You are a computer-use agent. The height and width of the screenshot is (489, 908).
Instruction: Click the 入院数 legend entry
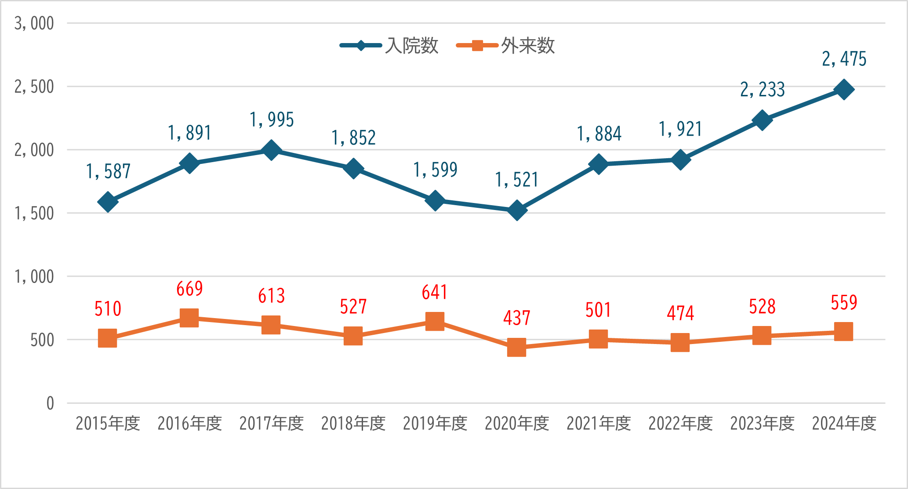(389, 46)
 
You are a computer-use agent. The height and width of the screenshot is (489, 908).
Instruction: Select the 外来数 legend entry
(505, 46)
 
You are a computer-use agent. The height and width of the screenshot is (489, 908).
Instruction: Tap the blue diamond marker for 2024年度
(844, 90)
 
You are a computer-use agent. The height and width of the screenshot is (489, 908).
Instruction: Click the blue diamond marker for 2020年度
(517, 210)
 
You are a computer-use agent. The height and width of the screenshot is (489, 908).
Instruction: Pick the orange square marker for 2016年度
(189, 318)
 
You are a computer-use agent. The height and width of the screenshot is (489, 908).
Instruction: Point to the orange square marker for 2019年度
(435, 321)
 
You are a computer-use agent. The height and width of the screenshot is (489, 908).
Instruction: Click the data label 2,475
(844, 59)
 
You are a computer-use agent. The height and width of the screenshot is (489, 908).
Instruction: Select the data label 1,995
(272, 120)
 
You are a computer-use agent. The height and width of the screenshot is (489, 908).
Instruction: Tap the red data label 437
(517, 318)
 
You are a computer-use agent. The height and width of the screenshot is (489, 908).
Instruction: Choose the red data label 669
(189, 289)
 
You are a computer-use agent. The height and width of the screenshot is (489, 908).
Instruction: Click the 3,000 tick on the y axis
(34, 24)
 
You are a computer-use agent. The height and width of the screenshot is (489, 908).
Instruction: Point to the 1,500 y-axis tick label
(34, 214)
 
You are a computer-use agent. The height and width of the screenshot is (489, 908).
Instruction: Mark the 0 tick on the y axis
(50, 403)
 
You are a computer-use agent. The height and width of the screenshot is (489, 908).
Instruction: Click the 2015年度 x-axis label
(108, 424)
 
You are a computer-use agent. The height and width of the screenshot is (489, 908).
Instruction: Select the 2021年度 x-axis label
(599, 424)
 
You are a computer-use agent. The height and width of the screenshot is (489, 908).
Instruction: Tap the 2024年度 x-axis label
(844, 424)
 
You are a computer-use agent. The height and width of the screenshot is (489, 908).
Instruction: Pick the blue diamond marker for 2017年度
(271, 150)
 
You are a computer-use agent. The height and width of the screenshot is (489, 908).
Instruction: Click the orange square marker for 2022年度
(680, 342)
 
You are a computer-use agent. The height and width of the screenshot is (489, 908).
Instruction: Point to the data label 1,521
(517, 180)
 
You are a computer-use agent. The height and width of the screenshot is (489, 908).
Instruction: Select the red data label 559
(844, 303)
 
